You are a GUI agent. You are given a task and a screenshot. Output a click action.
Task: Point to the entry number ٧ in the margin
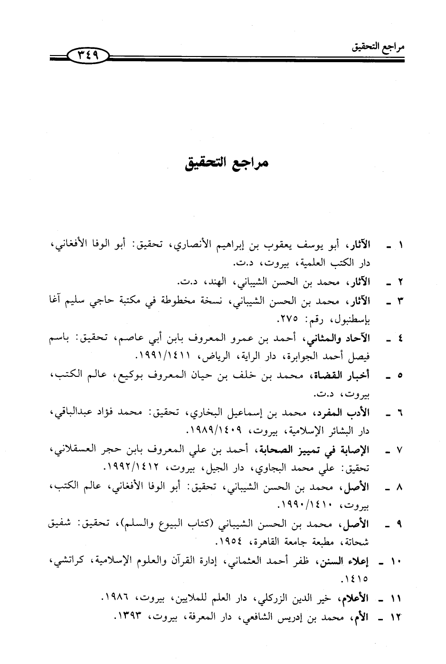[400, 449]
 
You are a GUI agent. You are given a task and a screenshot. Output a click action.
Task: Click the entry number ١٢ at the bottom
[397, 618]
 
